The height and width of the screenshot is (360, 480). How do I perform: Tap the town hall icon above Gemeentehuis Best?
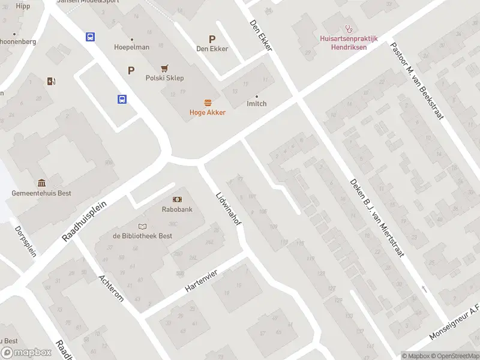[41, 183]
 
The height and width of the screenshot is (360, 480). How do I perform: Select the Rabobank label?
[177, 209]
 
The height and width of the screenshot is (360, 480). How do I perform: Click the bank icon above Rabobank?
[177, 199]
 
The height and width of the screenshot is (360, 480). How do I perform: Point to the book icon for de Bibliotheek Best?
[142, 226]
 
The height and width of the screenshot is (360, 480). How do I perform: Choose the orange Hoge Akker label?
[208, 112]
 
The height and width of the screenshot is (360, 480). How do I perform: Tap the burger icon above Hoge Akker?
[208, 102]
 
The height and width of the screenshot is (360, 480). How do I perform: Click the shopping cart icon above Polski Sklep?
[164, 68]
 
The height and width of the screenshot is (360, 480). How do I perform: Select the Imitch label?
[257, 104]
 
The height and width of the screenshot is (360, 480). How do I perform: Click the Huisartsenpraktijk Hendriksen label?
[348, 43]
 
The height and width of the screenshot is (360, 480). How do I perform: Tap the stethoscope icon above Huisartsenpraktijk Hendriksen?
[348, 28]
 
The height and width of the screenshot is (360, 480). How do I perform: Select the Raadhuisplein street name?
[84, 221]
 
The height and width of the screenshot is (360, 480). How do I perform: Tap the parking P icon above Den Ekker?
[212, 38]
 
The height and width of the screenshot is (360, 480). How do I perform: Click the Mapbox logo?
[26, 353]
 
